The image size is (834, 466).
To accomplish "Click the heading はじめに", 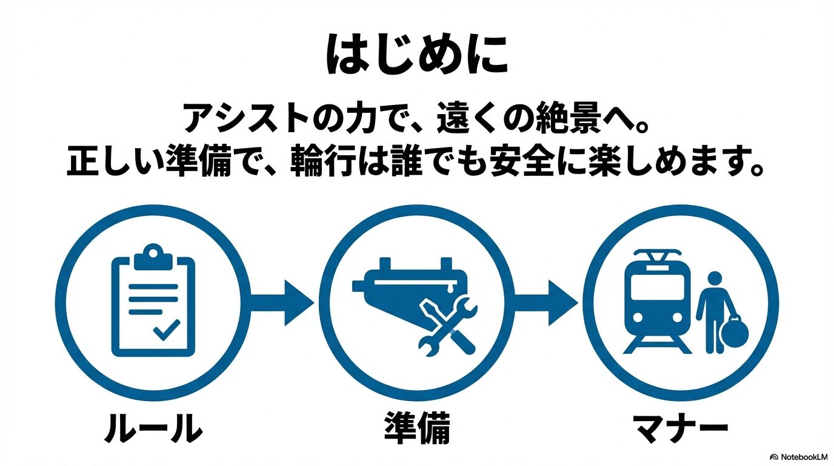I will pyautogui.click(x=416, y=55).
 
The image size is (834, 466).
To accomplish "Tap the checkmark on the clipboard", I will pyautogui.click(x=166, y=331).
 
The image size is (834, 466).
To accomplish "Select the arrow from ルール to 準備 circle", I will pyautogui.click(x=284, y=302).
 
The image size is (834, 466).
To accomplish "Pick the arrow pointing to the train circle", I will pyautogui.click(x=547, y=302).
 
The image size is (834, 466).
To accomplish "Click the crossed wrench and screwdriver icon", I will pyautogui.click(x=447, y=325).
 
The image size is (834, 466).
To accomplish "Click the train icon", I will pyautogui.click(x=658, y=302).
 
